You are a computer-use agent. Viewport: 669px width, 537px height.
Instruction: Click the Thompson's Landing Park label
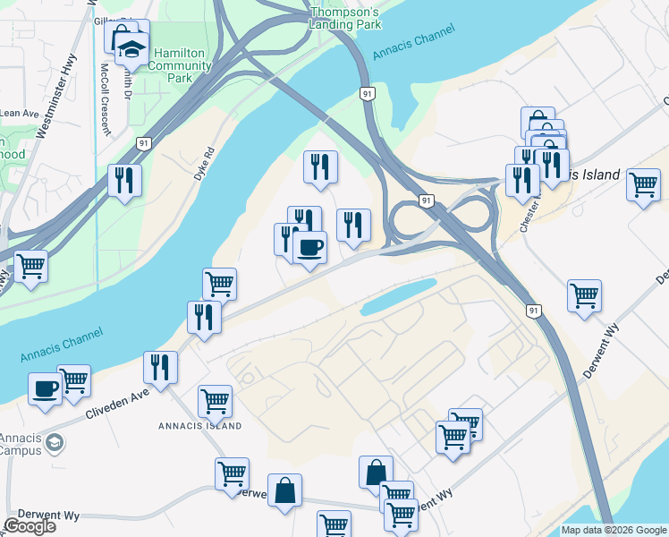[x=344, y=19]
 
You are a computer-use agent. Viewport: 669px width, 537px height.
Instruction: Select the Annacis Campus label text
[x=20, y=444]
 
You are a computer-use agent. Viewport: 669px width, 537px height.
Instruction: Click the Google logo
[x=30, y=525]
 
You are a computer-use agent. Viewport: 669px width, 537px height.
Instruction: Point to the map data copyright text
[x=613, y=530]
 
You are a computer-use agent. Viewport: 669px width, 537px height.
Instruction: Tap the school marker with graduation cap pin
[x=131, y=49]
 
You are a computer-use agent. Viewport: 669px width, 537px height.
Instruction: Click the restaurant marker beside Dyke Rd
[x=124, y=180]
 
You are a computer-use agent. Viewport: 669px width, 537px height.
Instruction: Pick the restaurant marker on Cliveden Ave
[x=160, y=367]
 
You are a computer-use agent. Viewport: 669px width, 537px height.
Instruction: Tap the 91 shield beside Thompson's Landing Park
[x=368, y=93]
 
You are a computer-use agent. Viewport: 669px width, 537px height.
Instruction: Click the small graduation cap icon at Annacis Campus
[x=55, y=442]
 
